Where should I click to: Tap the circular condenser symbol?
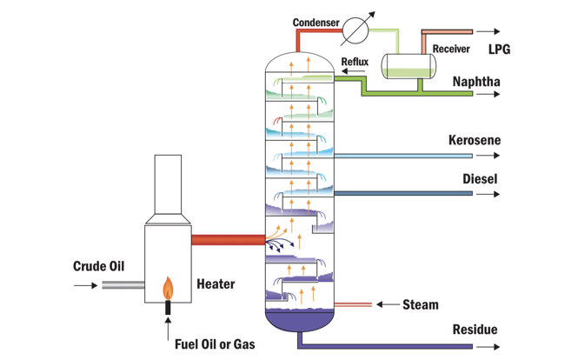[353, 31]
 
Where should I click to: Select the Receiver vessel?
[409, 66]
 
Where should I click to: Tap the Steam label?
[421, 305]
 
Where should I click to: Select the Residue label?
[475, 330]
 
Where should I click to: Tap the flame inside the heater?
[168, 287]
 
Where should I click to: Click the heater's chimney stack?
[168, 183]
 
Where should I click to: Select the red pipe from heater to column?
[225, 238]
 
